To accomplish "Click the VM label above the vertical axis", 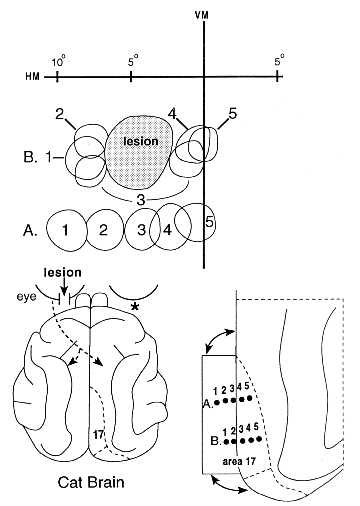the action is click(201, 15).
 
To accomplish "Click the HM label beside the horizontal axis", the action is click(33, 77).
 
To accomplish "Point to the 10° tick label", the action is click(59, 62).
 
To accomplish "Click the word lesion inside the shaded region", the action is click(141, 141).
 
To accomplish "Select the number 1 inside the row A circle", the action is click(65, 230).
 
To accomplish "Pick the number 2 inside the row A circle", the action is click(103, 230).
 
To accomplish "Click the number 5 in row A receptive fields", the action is click(209, 222).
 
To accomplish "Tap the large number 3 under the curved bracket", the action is click(141, 200).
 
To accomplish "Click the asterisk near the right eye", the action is click(134, 307).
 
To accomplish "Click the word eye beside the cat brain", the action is click(27, 297).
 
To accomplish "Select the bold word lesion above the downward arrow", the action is click(63, 272).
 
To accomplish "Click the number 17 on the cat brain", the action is click(98, 434).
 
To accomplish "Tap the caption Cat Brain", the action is click(91, 482).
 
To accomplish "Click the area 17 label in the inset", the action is click(239, 461).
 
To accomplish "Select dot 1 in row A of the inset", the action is click(217, 402).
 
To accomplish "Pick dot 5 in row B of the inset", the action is click(260, 439).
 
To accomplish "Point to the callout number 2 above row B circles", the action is click(60, 114).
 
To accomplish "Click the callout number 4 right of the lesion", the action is click(172, 114).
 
